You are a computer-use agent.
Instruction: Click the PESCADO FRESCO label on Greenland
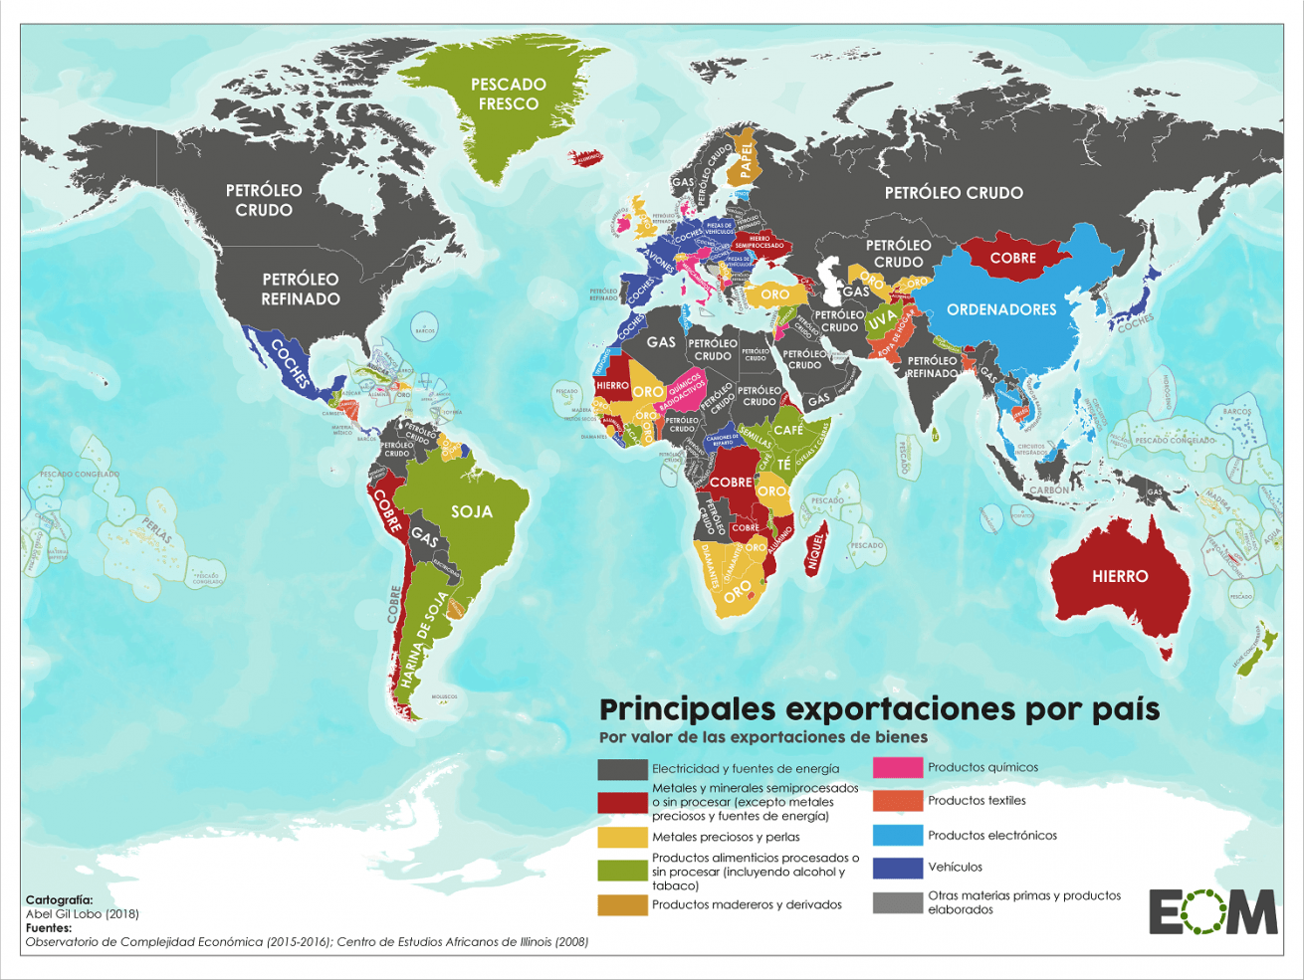pos(508,95)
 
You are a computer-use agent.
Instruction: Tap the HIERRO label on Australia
pos(1120,576)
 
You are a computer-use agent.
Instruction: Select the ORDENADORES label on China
pos(1001,309)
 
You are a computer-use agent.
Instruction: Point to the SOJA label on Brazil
pos(472,511)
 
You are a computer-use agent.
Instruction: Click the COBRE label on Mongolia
pos(1013,258)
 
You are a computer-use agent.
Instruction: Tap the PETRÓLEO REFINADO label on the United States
pos(301,289)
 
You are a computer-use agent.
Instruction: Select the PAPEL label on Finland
pos(746,161)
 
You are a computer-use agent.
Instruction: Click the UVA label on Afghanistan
pos(881,321)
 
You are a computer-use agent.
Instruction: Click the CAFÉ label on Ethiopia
pos(787,430)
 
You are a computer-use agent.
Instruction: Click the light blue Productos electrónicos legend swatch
pos(897,836)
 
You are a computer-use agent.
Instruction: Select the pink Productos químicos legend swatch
pos(897,768)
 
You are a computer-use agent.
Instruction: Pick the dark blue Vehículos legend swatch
pos(897,868)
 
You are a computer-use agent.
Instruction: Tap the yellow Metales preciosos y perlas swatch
pos(622,838)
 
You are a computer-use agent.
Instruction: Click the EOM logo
pos(1212,911)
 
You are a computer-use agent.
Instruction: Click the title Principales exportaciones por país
pos(879,709)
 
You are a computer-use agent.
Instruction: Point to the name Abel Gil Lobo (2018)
pos(83,913)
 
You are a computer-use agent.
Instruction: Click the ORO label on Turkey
pos(774,294)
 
